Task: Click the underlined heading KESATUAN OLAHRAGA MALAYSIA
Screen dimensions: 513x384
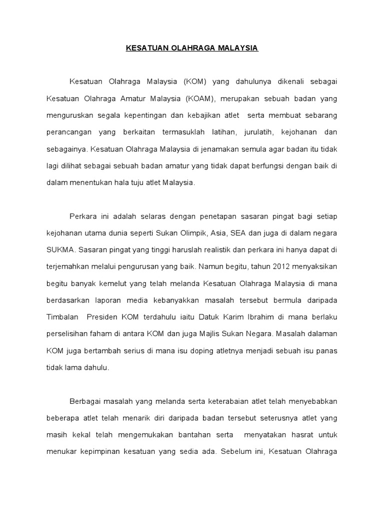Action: point(191,49)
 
